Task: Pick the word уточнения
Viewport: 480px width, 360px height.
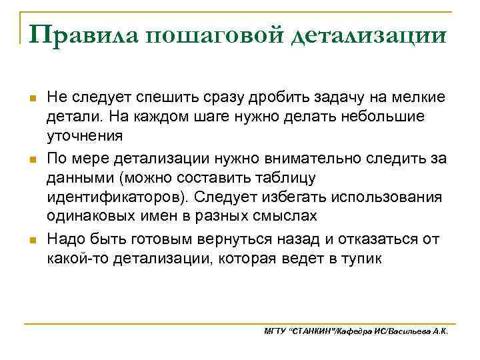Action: tap(85, 136)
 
